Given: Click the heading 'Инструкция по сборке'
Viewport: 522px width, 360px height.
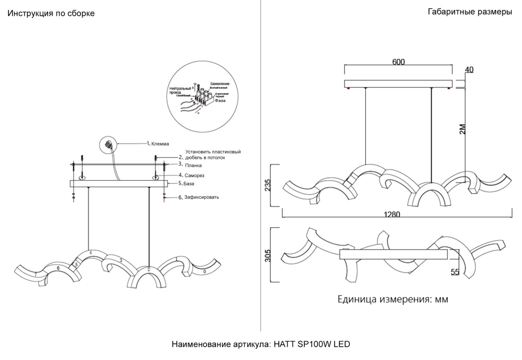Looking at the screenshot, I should [51, 14].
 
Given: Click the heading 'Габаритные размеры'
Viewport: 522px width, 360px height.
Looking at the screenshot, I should [469, 13].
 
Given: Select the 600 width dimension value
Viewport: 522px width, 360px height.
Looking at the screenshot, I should [398, 62].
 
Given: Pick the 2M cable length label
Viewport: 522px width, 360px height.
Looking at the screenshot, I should [461, 129].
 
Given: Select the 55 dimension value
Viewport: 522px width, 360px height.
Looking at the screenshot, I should [455, 272].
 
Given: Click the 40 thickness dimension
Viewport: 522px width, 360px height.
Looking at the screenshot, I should [469, 70].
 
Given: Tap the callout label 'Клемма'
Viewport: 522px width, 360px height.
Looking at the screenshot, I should [160, 144].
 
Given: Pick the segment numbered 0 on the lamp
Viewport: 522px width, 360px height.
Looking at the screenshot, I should [205, 272].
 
